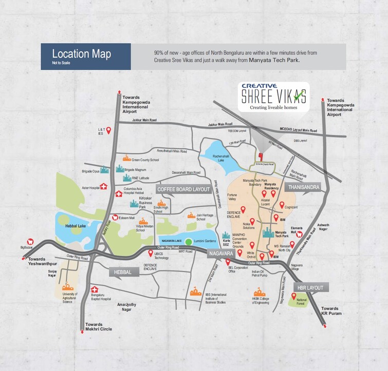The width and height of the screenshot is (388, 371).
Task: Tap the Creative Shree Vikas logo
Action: (x=274, y=96)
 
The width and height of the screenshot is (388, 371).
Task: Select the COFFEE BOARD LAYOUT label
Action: (x=184, y=189)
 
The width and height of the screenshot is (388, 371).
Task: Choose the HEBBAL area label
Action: (x=123, y=271)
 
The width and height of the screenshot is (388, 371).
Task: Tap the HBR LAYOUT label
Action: (x=309, y=288)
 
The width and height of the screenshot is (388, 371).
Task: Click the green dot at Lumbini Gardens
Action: (x=189, y=242)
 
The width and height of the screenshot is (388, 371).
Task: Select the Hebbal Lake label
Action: (x=75, y=225)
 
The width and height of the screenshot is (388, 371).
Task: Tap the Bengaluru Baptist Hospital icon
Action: (x=94, y=289)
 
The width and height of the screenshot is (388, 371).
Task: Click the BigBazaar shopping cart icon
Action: (x=30, y=241)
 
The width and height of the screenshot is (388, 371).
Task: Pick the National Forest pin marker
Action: (x=294, y=296)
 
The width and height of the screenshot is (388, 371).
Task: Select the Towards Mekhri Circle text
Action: (x=99, y=326)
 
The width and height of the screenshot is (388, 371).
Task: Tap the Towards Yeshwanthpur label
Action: (x=44, y=262)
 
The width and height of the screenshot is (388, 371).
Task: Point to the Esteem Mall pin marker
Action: (x=115, y=218)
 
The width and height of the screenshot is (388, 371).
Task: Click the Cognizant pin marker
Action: (x=282, y=205)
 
